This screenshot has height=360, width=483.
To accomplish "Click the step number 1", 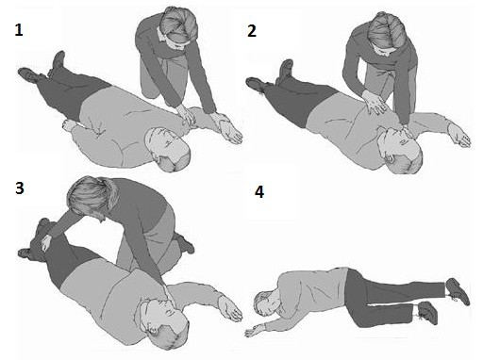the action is click(x=19, y=30).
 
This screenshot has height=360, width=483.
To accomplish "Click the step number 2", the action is click(x=252, y=31).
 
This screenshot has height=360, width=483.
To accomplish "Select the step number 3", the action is click(x=20, y=188).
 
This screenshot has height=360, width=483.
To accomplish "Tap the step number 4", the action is click(x=259, y=192).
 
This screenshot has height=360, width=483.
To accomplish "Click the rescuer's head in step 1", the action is click(x=178, y=26).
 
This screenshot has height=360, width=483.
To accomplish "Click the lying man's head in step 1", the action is click(x=168, y=148).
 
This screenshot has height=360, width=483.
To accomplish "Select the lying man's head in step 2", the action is click(x=400, y=150).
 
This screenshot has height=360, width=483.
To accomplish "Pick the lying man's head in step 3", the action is click(x=163, y=323).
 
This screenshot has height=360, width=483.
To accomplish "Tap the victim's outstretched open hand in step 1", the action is click(x=230, y=132).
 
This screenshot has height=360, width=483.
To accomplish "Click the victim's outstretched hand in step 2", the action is click(x=459, y=135).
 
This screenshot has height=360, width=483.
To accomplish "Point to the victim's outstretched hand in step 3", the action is click(x=231, y=309).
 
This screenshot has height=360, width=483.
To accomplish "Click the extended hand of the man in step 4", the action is click(x=256, y=331).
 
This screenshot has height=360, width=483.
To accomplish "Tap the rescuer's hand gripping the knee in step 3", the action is click(x=46, y=243).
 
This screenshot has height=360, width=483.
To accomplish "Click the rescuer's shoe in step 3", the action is click(x=185, y=242).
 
